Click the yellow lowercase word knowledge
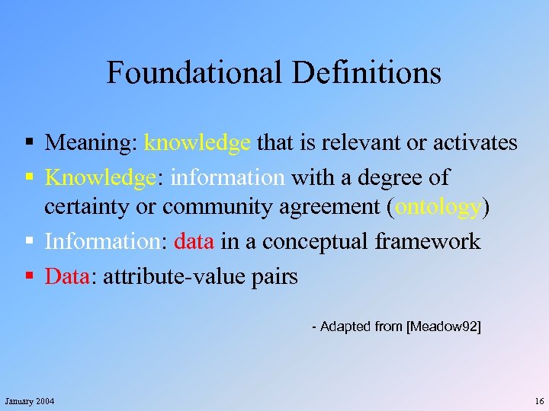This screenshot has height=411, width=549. click(197, 142)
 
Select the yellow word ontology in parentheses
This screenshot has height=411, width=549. click(439, 206)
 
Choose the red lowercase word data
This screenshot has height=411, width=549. click(195, 242)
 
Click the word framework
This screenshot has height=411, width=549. click(428, 242)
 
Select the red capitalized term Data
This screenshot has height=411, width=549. click(67, 276)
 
